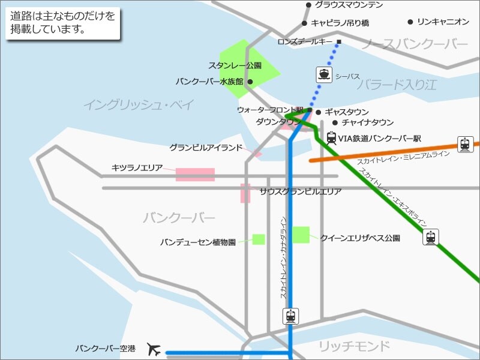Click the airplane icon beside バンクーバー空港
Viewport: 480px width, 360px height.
pos(154,349)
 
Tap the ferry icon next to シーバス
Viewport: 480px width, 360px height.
pos(324,74)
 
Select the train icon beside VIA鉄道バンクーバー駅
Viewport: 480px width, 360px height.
pos(331,139)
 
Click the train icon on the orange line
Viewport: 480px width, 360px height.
pos(464,144)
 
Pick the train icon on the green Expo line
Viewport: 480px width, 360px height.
pos(430,237)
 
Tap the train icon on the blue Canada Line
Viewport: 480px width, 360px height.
pos(290,316)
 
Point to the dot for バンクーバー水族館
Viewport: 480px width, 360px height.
pos(250,82)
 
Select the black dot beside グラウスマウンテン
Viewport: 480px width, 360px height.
pos(308,5)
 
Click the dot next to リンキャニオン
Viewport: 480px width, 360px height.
pos(410,22)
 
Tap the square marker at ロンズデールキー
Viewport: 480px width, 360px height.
pos(338,42)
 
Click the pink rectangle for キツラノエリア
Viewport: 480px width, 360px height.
pos(195,175)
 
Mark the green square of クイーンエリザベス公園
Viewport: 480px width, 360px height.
pos(301,235)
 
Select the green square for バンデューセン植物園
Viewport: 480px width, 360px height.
pos(259,239)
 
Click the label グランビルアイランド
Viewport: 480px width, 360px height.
pos(205,148)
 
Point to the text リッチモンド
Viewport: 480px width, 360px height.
pos(354,346)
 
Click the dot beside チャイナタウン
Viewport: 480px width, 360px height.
pos(335,122)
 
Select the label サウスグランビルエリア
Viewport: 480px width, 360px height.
pos(301,192)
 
